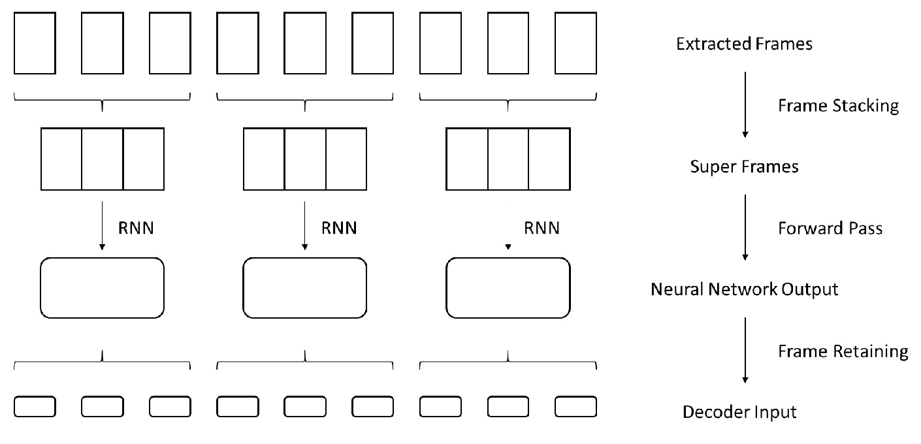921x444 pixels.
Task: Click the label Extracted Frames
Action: coord(744,44)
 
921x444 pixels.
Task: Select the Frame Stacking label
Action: coord(838,106)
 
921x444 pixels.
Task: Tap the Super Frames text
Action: coord(744,166)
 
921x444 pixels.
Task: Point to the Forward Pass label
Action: coord(830,228)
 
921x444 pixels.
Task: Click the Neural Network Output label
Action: coord(744,289)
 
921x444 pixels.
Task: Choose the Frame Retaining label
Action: coord(843,351)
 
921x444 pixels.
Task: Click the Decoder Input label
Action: coord(739,412)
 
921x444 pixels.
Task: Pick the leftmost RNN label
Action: coord(136,228)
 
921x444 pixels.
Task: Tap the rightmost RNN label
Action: coord(541,228)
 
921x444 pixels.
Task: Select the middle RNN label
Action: coord(339,228)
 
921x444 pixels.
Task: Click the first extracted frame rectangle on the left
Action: coord(14,43)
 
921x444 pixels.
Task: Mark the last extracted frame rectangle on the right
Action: coord(555,43)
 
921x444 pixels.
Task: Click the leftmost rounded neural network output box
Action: coord(40,288)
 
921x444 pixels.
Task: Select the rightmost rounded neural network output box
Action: coord(446,288)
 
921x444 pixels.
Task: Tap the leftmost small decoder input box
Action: coord(14,407)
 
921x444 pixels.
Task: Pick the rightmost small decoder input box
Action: coord(555,407)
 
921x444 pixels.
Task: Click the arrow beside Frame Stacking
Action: coord(745,104)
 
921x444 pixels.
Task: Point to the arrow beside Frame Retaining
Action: coord(745,350)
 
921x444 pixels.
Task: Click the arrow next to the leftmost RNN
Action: coord(102,226)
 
